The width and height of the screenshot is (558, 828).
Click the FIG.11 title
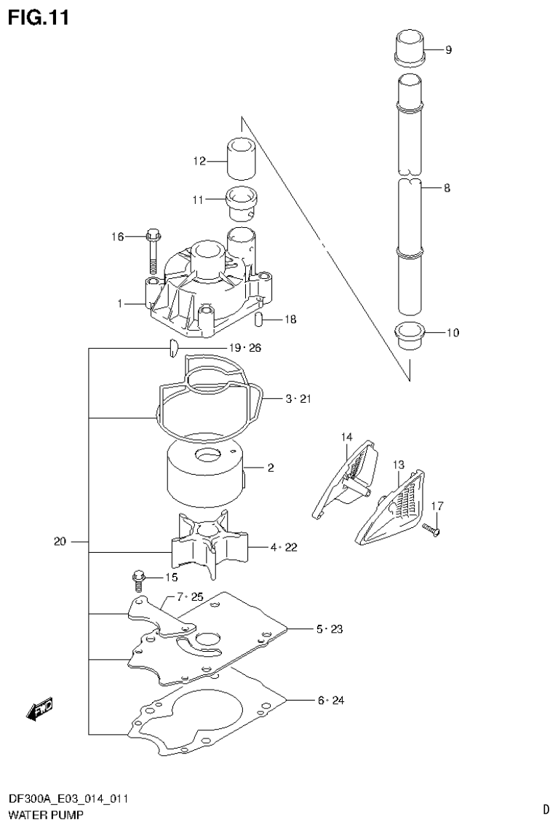[39, 17]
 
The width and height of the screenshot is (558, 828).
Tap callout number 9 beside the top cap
[448, 50]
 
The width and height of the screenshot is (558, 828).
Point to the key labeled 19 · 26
[173, 348]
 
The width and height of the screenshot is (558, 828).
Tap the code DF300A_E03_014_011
[68, 799]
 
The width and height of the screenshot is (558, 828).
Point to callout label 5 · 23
[330, 628]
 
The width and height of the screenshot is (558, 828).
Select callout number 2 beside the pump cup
[270, 468]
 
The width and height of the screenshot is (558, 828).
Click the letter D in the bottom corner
[545, 808]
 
